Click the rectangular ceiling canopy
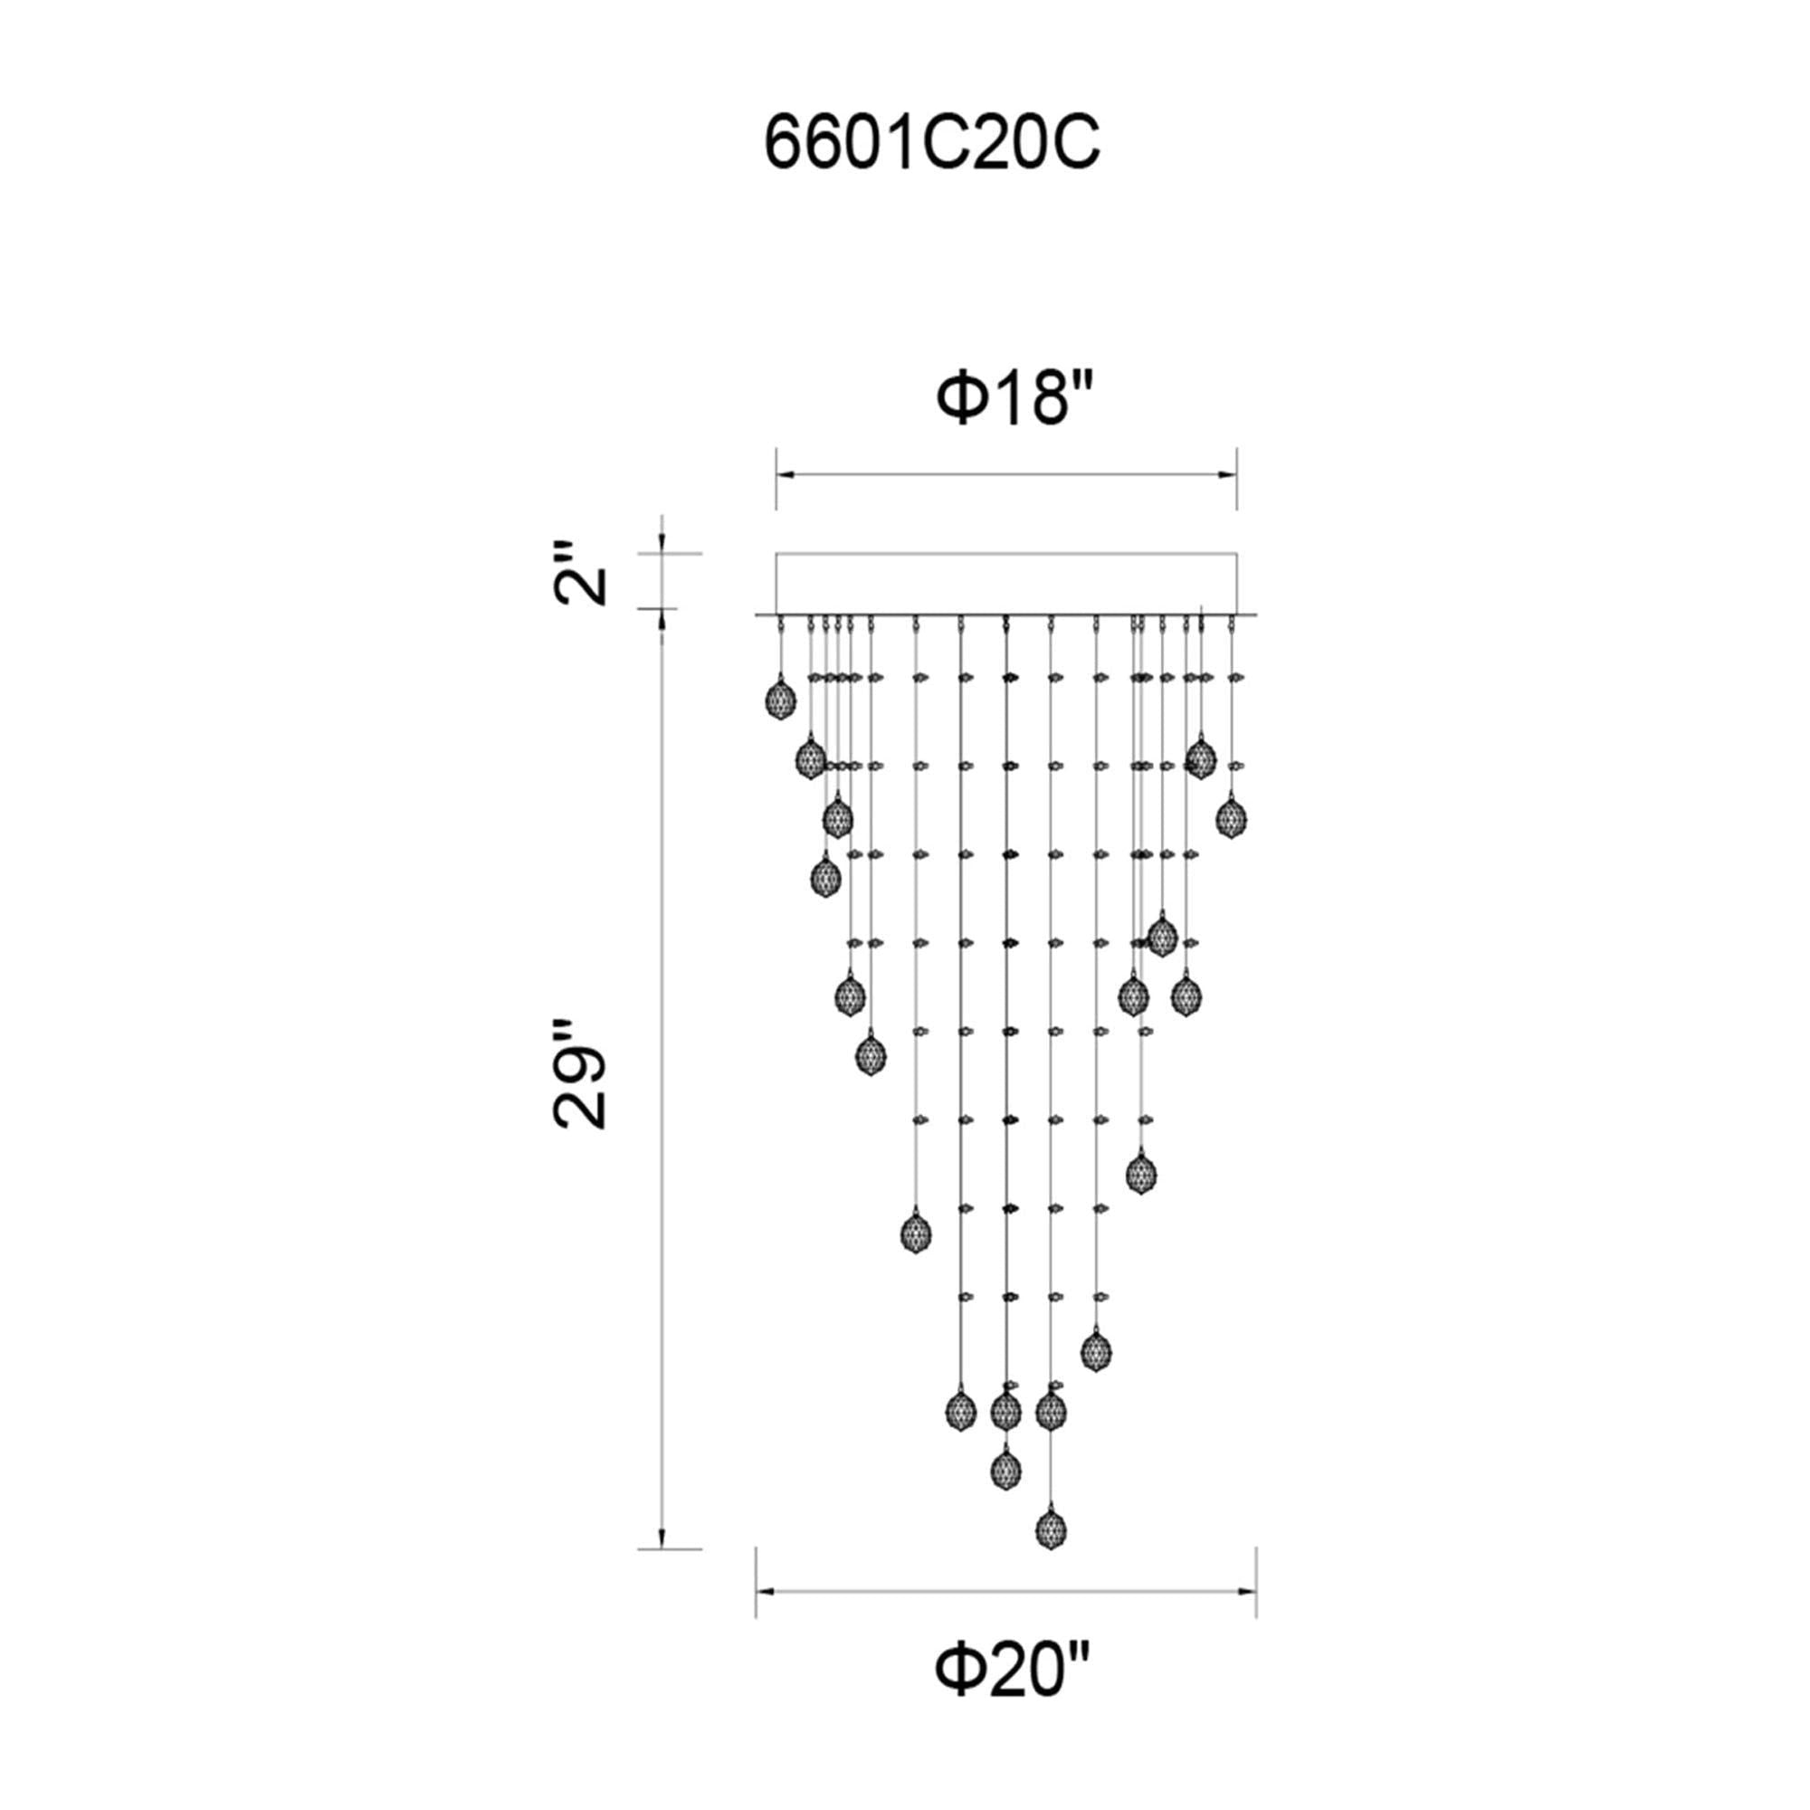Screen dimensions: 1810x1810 [1006, 581]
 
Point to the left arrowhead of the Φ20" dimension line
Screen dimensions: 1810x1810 [767, 1591]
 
